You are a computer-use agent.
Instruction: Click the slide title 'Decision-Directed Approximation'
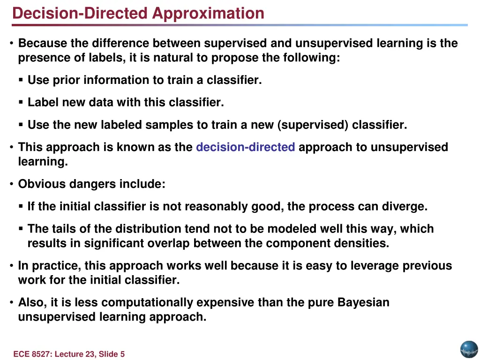coord(138,13)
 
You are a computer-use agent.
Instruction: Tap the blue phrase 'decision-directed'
coord(245,147)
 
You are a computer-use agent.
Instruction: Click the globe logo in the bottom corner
coord(468,349)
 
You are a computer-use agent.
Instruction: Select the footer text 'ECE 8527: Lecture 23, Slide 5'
coord(69,354)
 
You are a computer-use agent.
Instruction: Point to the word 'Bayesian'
coord(363,302)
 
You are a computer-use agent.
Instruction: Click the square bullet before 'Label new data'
coord(21,102)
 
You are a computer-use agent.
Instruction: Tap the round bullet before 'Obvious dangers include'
coord(11,184)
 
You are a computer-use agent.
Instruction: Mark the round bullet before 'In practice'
coord(11,266)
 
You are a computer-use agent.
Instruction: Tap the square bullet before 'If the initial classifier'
coord(21,206)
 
